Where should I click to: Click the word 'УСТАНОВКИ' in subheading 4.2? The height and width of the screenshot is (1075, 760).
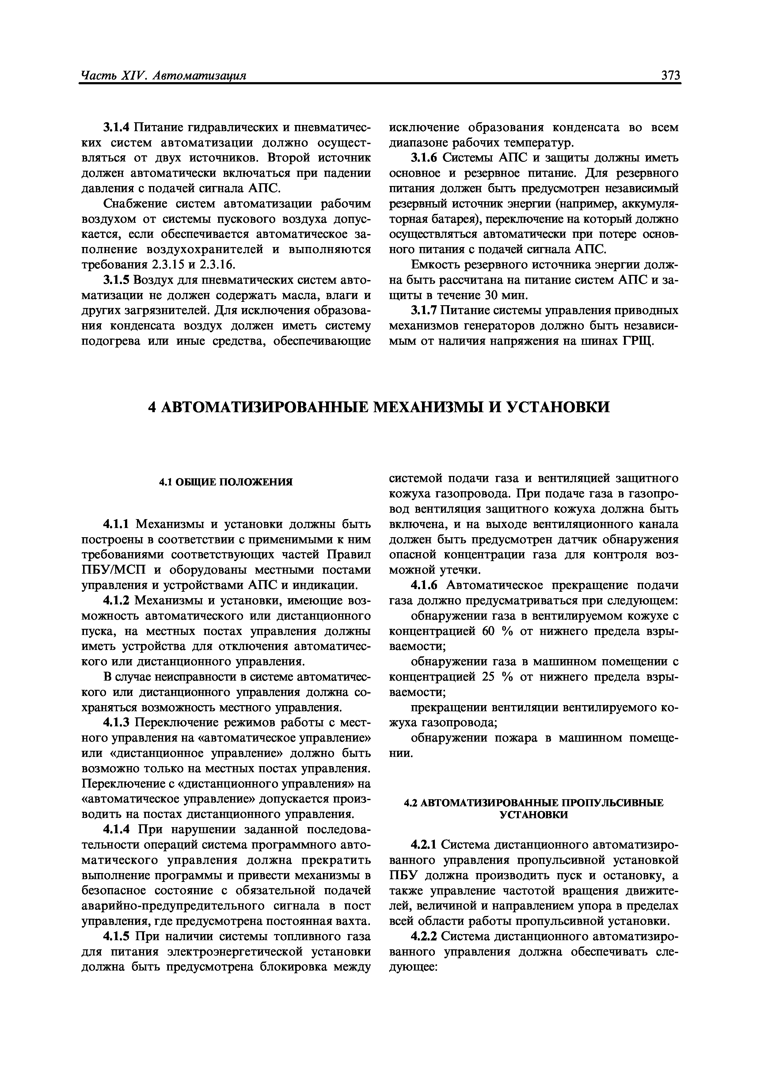(534, 815)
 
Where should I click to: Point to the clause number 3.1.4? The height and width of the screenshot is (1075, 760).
(117, 127)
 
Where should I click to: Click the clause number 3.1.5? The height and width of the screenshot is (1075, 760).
(117, 280)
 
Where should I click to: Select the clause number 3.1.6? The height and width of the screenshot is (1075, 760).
(425, 158)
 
